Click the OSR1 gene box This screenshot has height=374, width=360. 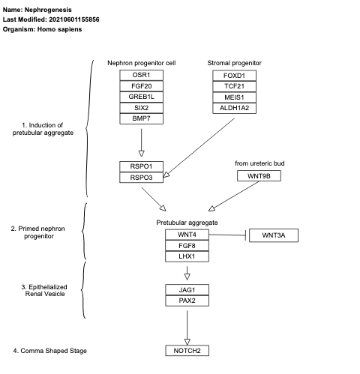click(141, 76)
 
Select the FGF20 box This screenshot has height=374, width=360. click(141, 86)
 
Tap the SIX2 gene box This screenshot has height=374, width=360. click(141, 107)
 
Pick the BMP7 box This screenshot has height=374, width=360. click(141, 118)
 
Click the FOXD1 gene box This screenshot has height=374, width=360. click(234, 76)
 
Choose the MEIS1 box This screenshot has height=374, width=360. click(234, 97)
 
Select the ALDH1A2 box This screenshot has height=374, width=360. click(234, 107)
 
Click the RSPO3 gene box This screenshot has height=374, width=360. click(141, 178)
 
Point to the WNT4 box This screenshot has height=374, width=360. click(187, 235)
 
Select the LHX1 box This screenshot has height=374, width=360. click(187, 256)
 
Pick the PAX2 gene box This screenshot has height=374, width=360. click(187, 301)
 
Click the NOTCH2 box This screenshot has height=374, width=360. click(187, 350)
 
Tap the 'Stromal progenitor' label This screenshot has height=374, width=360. click(234, 63)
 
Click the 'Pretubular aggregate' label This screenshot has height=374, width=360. click(187, 223)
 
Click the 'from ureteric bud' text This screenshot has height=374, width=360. click(259, 163)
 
